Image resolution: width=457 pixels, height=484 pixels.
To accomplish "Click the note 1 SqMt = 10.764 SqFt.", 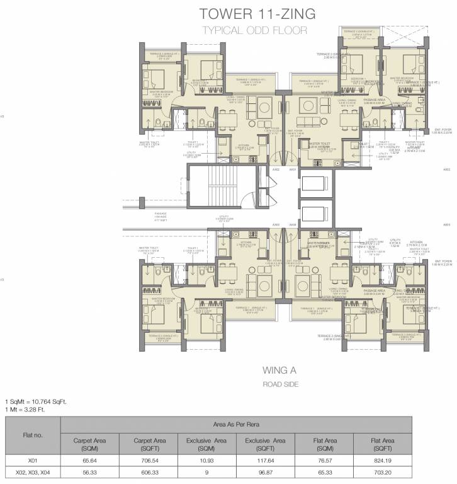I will point(36,401).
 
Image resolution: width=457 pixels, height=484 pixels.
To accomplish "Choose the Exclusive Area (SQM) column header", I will point(206,443).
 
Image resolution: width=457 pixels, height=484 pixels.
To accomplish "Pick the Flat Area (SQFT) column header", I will point(383,443).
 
